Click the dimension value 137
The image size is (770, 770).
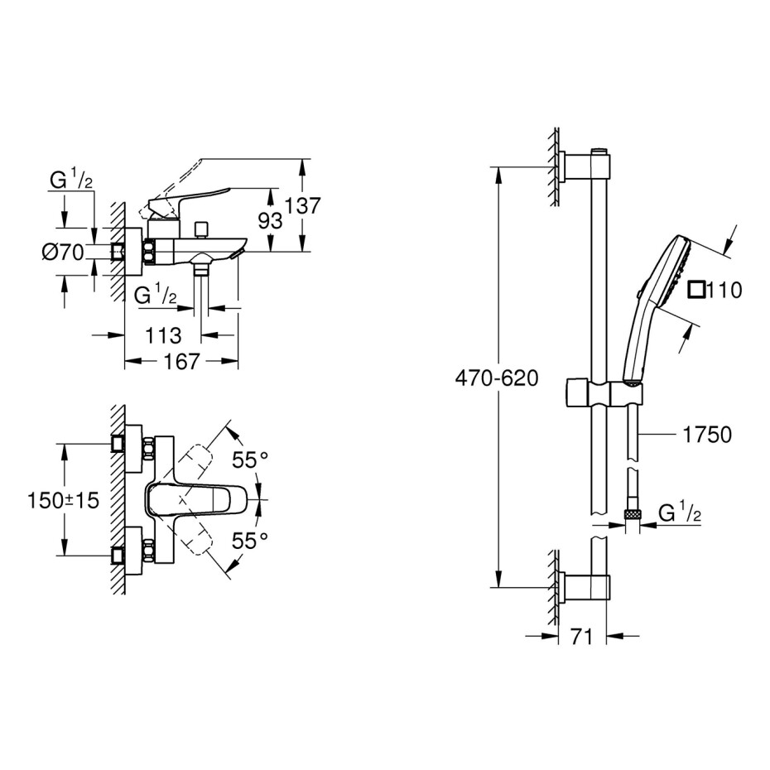click(303, 206)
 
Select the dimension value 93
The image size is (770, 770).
click(271, 221)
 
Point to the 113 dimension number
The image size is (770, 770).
click(164, 335)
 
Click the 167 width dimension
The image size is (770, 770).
click(181, 362)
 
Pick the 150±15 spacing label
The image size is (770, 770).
click(64, 500)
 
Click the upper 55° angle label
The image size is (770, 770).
click(250, 460)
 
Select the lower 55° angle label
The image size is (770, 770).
click(250, 541)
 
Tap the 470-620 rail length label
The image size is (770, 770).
click(497, 378)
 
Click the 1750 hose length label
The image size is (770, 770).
click(707, 435)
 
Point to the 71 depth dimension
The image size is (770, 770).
click(582, 637)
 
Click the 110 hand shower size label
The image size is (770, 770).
click(724, 290)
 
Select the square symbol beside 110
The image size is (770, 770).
click(696, 290)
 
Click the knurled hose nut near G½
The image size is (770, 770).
click(632, 515)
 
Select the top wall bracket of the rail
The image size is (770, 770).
click(586, 166)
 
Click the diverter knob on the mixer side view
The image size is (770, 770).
click(201, 229)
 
